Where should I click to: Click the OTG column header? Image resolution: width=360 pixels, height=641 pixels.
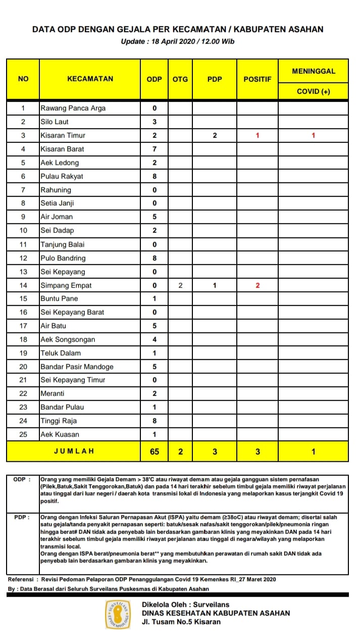(180, 79)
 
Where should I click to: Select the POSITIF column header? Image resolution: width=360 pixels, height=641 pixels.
(258, 79)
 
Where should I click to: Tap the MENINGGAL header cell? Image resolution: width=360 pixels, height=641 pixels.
(313, 71)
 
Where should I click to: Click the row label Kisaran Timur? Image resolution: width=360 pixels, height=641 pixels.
(63, 135)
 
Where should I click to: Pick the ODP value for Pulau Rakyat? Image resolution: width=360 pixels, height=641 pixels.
(155, 176)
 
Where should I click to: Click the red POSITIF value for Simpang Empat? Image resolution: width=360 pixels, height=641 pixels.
(258, 285)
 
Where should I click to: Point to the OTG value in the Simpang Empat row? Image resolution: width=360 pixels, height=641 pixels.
(180, 285)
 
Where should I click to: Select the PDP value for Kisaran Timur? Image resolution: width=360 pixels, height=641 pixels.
(215, 135)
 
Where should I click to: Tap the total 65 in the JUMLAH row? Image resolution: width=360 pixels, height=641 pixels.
(155, 451)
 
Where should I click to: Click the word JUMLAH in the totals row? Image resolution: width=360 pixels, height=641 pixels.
(74, 451)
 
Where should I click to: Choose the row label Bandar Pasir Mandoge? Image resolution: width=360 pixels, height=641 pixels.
(77, 367)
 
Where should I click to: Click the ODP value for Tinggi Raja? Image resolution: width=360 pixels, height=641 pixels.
(155, 421)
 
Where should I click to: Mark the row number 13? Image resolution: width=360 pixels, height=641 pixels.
(23, 272)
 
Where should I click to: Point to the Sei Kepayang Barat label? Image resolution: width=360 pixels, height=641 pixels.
(72, 312)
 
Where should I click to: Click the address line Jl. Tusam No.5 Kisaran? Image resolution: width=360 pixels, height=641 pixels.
(181, 622)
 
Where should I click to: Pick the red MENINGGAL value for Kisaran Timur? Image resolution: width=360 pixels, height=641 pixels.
(313, 135)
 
